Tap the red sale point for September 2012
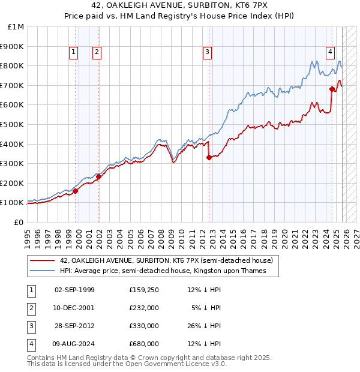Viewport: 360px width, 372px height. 209,158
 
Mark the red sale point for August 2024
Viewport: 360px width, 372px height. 332,89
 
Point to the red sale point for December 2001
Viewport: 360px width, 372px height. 98,176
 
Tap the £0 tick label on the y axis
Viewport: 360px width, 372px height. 19,222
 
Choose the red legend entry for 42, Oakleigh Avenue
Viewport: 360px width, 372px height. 166,260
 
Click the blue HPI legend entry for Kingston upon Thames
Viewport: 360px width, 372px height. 162,271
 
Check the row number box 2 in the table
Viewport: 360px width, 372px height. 31,308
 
